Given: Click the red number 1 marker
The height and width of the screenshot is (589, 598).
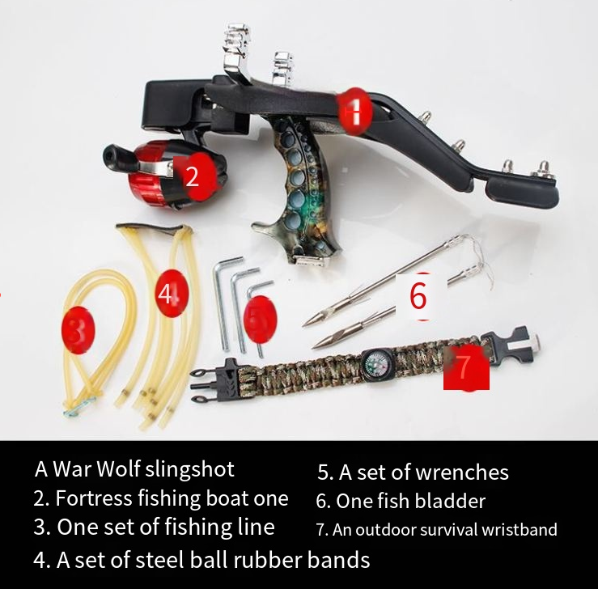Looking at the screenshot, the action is pyautogui.click(x=355, y=111).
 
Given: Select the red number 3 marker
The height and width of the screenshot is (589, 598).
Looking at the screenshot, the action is pyautogui.click(x=78, y=330).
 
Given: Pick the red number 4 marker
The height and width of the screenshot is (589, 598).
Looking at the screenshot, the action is pyautogui.click(x=172, y=293).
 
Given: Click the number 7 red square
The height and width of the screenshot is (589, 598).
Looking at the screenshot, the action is pyautogui.click(x=466, y=367).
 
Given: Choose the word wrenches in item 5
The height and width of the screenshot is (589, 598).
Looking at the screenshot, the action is pyautogui.click(x=462, y=472).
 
